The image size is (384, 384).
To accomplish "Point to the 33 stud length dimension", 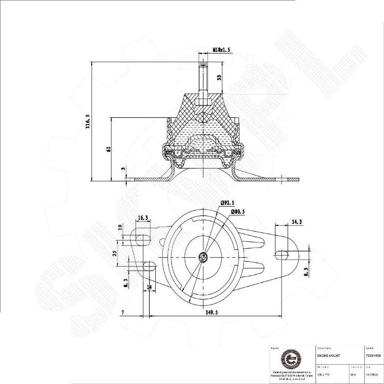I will coord(219,77).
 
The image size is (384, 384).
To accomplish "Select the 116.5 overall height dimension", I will coord(88,121).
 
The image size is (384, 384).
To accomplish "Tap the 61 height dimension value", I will coord(108,148).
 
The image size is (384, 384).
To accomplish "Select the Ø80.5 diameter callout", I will coord(238,211).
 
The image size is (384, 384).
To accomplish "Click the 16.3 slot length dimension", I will coord(143,217).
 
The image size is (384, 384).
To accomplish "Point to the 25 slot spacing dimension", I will coord(114,253).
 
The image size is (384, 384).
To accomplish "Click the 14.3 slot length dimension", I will coord(297,222).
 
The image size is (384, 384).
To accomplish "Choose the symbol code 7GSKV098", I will coord(373,355).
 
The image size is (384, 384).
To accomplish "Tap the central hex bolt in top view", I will coord(203,257).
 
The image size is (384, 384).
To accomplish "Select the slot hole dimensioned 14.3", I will coord(282,254).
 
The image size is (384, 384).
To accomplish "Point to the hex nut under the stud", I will coord(203,102).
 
